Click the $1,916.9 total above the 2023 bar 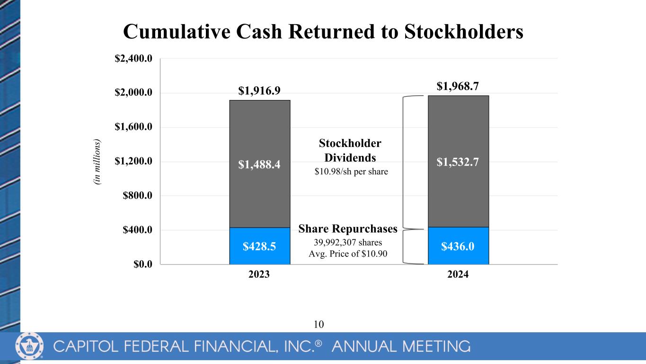coord(259,91)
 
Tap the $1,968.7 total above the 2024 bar coord(458,86)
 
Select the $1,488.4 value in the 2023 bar coord(259,164)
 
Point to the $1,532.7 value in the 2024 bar coord(458,162)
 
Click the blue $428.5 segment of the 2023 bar coord(260,246)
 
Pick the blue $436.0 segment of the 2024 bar coord(458,246)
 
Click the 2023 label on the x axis coord(259,274)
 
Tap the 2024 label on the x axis coord(458,274)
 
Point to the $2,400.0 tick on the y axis coord(133,59)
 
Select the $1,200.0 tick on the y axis coord(133,161)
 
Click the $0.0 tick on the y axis coord(143,264)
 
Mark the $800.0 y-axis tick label coord(138,196)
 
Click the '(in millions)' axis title coord(97,162)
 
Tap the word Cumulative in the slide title coord(177,31)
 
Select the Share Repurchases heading coord(348,229)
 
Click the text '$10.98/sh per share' coord(351,172)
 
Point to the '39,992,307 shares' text coord(348,242)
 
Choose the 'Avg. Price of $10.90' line coord(348,254)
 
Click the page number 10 coord(319,324)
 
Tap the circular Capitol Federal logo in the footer coord(29,346)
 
